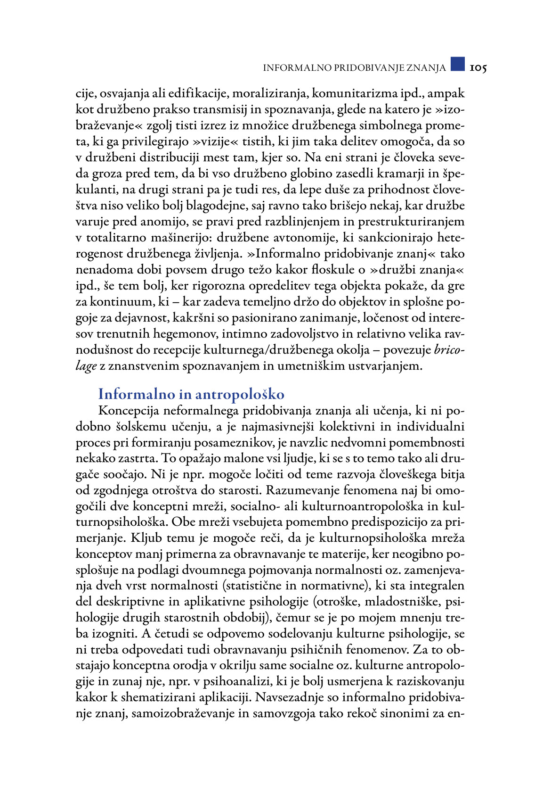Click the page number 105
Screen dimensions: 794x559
pos(478,68)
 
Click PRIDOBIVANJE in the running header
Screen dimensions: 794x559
pos(365,68)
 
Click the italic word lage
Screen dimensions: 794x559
pos(86,366)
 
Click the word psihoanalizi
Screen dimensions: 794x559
pos(268,682)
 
